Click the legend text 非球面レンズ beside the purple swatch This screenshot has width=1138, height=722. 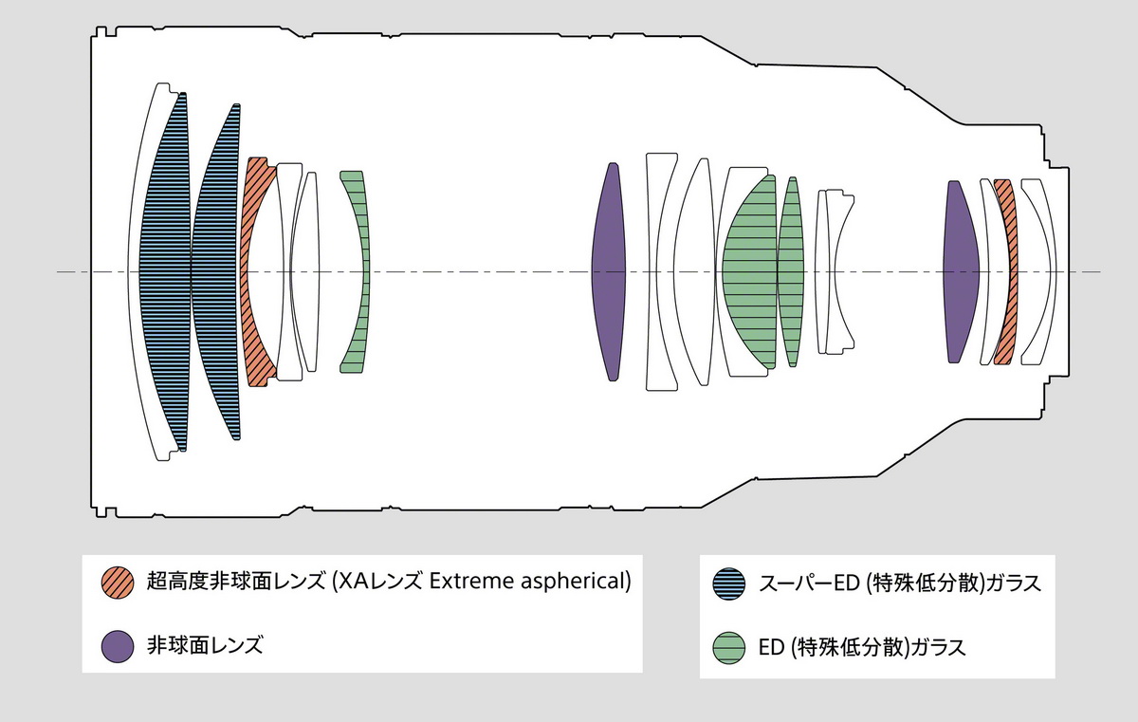point(204,646)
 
